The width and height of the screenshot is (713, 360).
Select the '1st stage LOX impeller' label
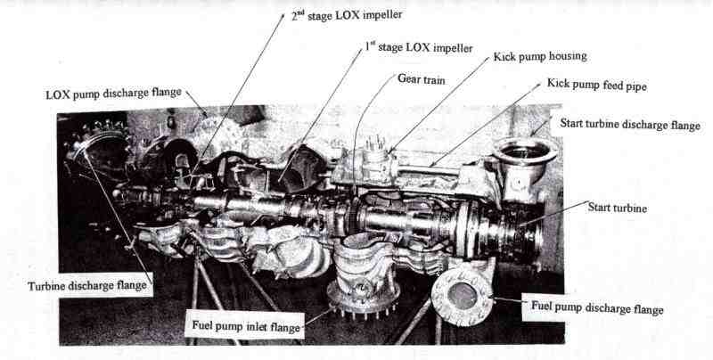pyautogui.click(x=418, y=47)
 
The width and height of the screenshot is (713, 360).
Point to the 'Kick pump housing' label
pyautogui.click(x=540, y=56)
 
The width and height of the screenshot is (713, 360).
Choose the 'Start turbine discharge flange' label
pyautogui.click(x=628, y=124)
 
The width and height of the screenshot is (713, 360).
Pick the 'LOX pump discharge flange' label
pyautogui.click(x=113, y=93)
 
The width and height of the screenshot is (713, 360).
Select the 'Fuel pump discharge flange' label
pyautogui.click(x=597, y=308)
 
